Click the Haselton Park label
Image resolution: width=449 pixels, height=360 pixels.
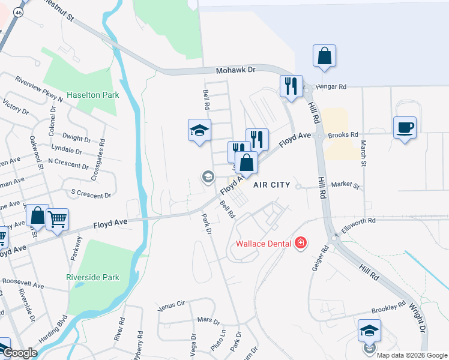tap(92, 95)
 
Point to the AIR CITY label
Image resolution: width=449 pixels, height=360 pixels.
tap(271, 185)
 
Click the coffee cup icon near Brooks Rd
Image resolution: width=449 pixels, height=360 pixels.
tap(405, 128)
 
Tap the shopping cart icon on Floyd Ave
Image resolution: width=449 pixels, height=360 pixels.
tap(57, 220)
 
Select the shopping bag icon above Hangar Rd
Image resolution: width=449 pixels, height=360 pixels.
tap(324, 56)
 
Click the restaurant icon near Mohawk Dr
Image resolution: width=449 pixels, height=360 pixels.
tap(291, 86)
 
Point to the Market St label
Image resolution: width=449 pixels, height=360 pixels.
tap(345, 185)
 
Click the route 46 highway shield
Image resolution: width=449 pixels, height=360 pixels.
tap(19, 11)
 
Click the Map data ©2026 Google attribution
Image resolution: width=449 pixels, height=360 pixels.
tap(411, 355)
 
